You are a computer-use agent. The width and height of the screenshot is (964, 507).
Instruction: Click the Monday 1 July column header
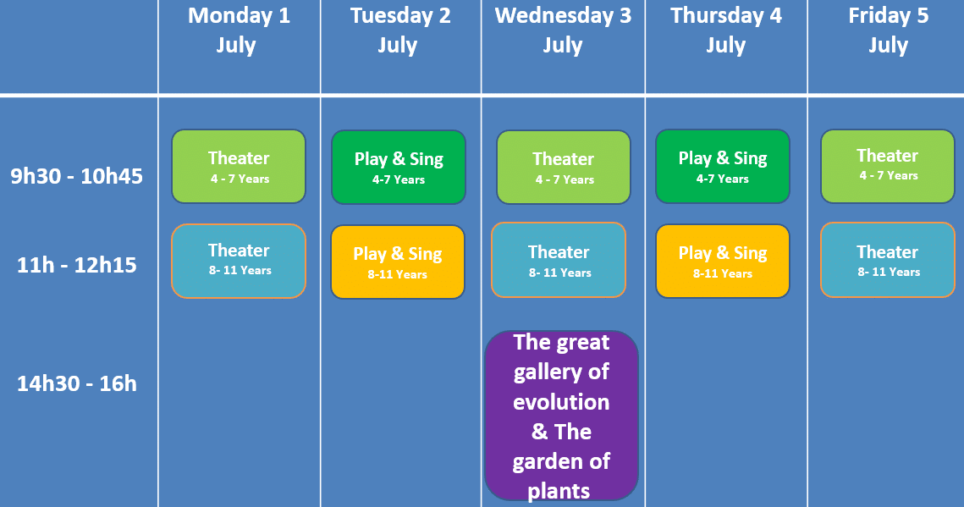coord(239,30)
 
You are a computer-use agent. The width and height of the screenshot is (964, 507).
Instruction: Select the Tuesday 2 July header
coord(400,30)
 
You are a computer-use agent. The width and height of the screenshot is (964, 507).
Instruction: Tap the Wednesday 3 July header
coord(563,30)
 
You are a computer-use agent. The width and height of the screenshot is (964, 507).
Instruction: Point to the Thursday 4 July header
coord(725,30)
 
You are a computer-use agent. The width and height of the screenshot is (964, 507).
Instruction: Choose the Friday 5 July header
coord(889,30)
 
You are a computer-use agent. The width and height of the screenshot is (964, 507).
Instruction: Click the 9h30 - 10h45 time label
coord(77,176)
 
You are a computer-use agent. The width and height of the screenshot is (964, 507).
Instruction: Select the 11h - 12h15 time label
coord(77,265)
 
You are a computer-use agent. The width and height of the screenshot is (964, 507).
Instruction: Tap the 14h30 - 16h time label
coord(77,383)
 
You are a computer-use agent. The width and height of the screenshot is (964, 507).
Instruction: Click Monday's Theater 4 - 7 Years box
coord(239,166)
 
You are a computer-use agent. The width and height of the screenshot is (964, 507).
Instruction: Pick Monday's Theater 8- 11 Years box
coord(239,261)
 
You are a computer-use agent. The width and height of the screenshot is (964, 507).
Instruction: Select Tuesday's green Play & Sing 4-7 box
coord(399,167)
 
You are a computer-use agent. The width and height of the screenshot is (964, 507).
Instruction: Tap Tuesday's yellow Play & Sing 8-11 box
coord(398,262)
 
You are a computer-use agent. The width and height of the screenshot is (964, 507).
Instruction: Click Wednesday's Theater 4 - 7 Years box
coord(564,167)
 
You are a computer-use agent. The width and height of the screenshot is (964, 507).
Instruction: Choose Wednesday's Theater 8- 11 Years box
coord(559,260)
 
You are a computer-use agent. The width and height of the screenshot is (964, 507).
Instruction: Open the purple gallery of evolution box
coord(561,416)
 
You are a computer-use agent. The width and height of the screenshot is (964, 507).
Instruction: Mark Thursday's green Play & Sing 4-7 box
coord(723,166)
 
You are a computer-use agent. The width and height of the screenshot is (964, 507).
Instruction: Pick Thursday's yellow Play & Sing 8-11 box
coord(723,262)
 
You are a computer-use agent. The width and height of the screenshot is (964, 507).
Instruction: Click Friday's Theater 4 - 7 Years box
coord(888,166)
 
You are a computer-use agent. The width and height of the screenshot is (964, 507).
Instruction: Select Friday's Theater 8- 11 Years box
coord(888,260)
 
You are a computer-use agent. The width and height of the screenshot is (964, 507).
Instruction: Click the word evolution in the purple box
coord(561,402)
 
